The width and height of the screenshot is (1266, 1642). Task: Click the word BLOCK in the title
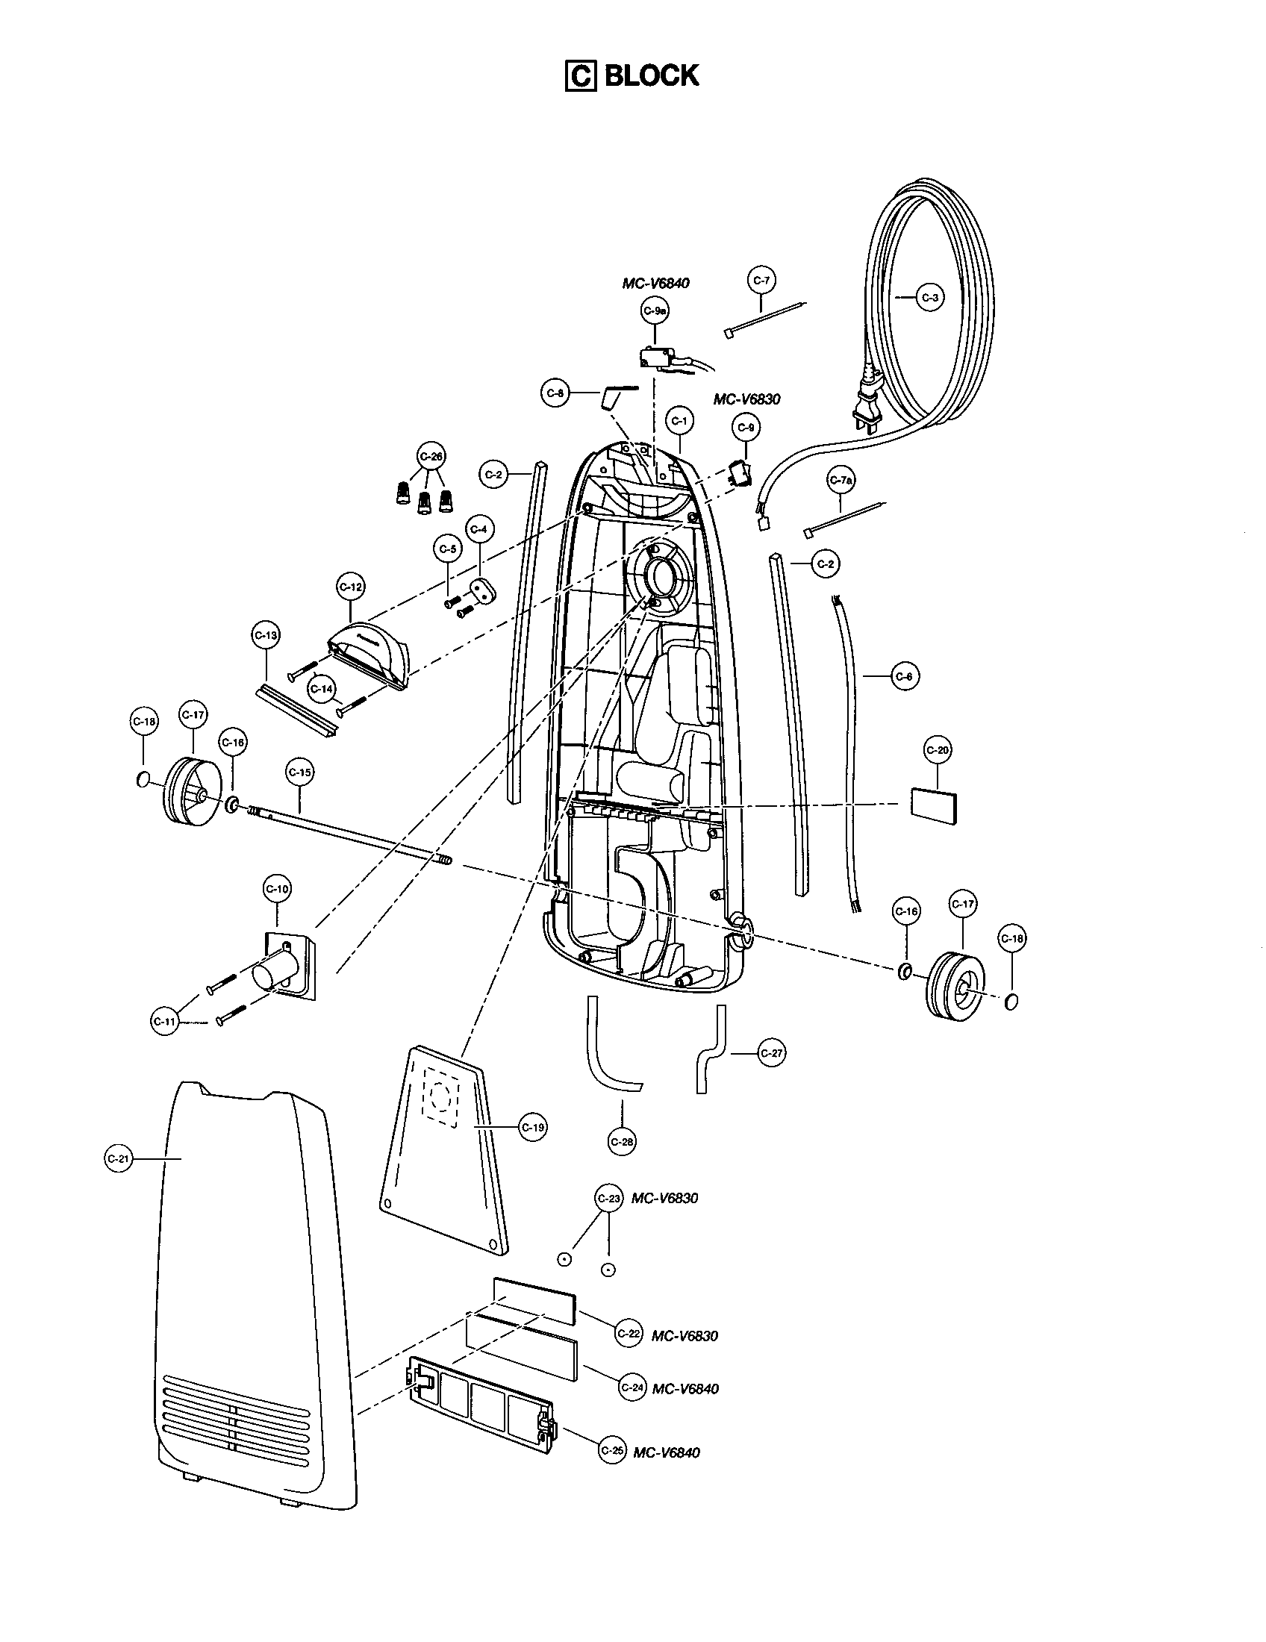tap(652, 75)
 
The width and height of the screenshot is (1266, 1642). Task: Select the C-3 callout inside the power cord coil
tap(930, 298)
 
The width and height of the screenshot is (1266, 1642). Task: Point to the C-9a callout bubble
tap(655, 310)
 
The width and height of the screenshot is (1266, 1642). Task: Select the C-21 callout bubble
tap(119, 1158)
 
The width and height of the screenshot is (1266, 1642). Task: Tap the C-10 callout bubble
tap(277, 889)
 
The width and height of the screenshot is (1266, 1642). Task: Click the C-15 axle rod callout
tap(299, 772)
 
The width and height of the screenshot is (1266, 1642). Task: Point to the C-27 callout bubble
tap(771, 1053)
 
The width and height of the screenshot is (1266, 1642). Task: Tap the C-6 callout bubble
tap(905, 677)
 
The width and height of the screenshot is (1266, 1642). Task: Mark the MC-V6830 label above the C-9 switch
tap(746, 399)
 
